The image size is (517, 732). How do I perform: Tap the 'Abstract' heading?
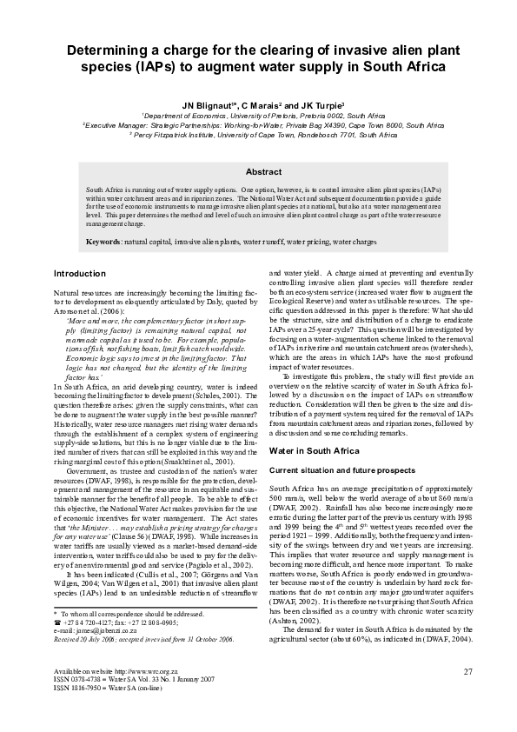pos(258,172)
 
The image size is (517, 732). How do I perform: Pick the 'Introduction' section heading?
pos(80,273)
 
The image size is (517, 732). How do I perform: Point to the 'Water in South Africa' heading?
pos(314,451)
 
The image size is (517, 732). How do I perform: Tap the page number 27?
pos(468,671)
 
